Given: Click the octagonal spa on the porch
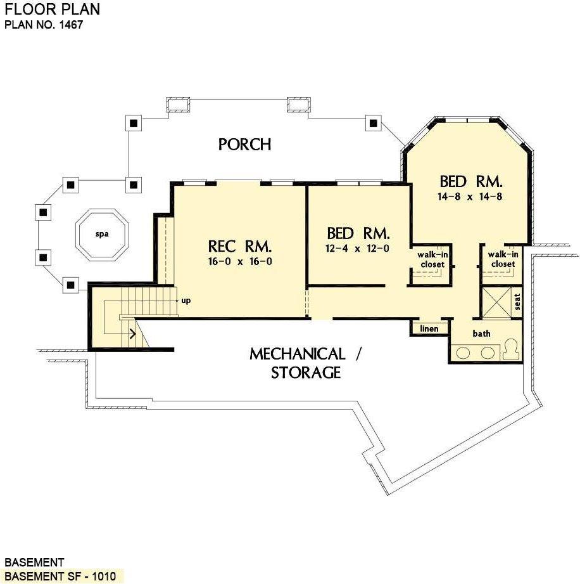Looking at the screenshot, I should pyautogui.click(x=102, y=234).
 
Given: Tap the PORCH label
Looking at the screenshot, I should pyautogui.click(x=244, y=145).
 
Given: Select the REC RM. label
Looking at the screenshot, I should pyautogui.click(x=240, y=246).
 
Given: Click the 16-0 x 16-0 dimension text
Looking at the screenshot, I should pyautogui.click(x=240, y=261).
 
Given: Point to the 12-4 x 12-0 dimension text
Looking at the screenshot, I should pyautogui.click(x=358, y=248).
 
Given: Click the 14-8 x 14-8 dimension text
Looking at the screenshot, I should pyautogui.click(x=470, y=197).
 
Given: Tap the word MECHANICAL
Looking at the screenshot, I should pyautogui.click(x=297, y=354).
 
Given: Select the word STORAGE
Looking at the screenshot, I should pyautogui.click(x=306, y=373).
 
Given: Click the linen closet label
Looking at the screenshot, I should pyautogui.click(x=429, y=328).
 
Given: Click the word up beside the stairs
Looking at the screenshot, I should pyautogui.click(x=186, y=300).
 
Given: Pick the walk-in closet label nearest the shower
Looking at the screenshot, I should pyautogui.click(x=501, y=259).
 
